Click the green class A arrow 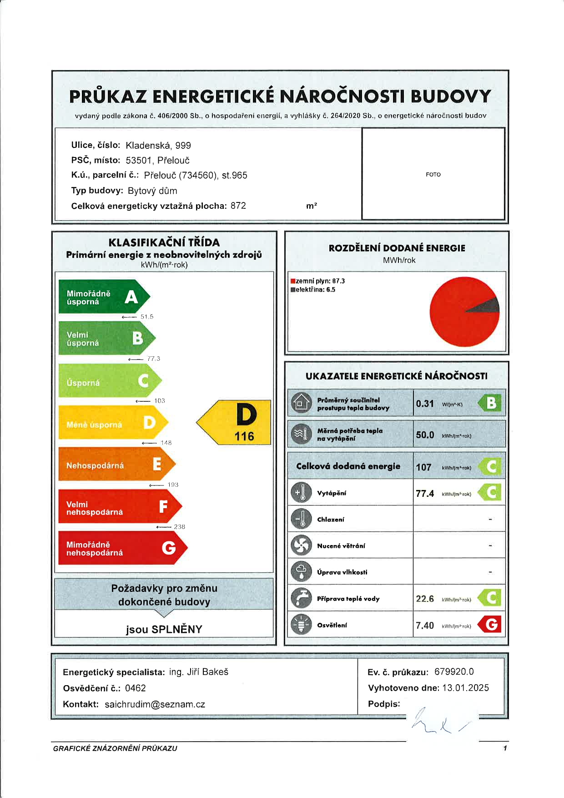(104, 297)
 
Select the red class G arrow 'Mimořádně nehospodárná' (122, 548)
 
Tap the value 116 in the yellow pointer (244, 436)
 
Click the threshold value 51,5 (147, 317)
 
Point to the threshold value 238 (180, 527)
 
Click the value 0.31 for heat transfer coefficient (425, 404)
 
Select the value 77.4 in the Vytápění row (425, 494)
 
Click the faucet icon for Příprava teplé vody (301, 598)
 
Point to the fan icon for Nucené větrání (301, 545)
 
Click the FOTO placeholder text (433, 175)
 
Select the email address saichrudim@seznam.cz (155, 704)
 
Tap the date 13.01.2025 (465, 688)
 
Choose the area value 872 (238, 206)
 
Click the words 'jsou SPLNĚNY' (164, 629)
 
